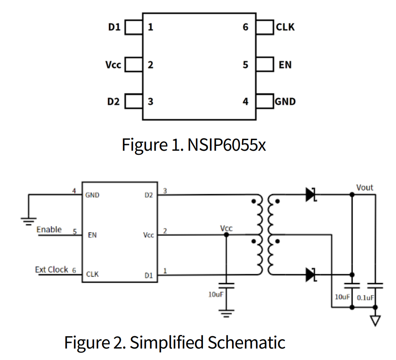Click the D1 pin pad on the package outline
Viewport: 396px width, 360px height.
(133, 28)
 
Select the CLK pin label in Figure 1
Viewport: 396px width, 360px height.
(285, 27)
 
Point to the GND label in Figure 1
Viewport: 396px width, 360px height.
(285, 102)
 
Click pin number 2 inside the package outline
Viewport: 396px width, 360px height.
(150, 65)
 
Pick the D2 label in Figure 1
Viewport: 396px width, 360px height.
(114, 102)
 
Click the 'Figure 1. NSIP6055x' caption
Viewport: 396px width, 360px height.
(193, 145)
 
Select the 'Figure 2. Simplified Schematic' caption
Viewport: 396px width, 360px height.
(174, 342)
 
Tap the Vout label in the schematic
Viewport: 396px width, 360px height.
(364, 188)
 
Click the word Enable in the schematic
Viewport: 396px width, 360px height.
(49, 229)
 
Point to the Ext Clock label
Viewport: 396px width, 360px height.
(51, 269)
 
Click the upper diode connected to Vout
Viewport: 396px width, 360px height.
(311, 195)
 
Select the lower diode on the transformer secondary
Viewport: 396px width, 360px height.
(311, 275)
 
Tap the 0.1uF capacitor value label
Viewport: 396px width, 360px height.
(365, 297)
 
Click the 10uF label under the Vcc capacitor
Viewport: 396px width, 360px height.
(216, 294)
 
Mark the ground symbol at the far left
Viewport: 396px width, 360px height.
(28, 222)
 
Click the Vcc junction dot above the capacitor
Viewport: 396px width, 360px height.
(225, 235)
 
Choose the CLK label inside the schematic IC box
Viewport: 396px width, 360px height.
(92, 274)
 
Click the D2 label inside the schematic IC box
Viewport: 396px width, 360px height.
(148, 195)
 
